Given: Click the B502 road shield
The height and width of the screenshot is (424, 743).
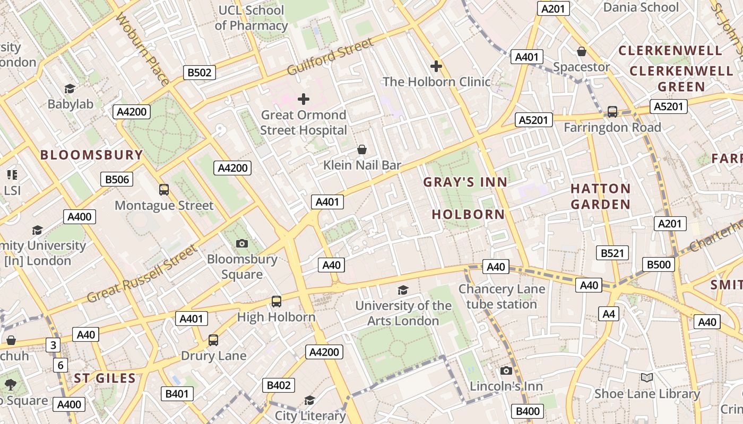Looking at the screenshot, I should (x=200, y=73).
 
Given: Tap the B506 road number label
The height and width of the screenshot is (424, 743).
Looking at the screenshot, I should (x=117, y=179).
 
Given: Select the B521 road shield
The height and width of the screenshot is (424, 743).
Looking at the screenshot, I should (x=612, y=253).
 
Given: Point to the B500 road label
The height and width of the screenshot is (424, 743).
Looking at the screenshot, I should (x=658, y=264).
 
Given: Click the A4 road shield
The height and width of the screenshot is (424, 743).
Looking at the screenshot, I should (x=609, y=314).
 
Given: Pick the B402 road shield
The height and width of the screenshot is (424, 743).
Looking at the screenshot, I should (x=278, y=385).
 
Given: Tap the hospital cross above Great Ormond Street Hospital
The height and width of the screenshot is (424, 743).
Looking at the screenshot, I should (x=304, y=99).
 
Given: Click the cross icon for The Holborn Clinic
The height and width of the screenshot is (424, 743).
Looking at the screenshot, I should (x=436, y=66).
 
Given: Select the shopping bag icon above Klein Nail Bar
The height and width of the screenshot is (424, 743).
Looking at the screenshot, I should (x=362, y=149).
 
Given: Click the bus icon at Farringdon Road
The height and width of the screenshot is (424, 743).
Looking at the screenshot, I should (x=612, y=112).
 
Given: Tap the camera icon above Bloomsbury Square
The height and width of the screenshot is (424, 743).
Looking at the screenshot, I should (x=242, y=243).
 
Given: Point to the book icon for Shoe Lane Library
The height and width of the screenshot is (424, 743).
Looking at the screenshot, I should (x=646, y=378).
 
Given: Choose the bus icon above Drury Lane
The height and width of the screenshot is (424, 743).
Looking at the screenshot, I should (x=213, y=340).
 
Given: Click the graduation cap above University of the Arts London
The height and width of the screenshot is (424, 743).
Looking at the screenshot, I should (x=403, y=290).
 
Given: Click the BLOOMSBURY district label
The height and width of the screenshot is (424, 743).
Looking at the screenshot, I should (x=92, y=155).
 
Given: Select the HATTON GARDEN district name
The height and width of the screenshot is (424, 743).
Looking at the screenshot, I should (x=600, y=196).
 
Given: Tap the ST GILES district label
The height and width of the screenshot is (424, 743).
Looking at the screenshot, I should (x=105, y=378).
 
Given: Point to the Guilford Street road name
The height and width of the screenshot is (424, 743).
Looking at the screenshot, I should (x=330, y=57).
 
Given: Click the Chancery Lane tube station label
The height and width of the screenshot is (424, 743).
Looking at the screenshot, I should (x=502, y=297).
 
